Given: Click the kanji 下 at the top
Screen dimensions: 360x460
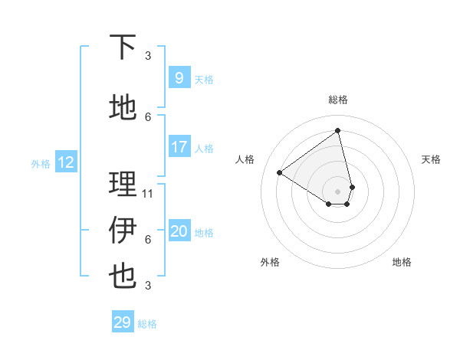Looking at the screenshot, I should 123,47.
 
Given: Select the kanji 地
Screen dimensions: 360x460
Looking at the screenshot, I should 123,108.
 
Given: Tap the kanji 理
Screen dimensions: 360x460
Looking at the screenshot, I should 123,184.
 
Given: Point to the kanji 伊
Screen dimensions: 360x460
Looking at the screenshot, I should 123,230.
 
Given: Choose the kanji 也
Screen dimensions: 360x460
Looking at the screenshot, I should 123,276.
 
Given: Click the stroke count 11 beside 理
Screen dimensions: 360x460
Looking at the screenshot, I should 149,193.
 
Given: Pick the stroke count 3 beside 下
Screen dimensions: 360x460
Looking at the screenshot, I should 148,55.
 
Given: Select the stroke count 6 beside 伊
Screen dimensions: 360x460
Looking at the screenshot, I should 148,239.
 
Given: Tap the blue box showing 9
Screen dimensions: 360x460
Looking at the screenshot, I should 179,78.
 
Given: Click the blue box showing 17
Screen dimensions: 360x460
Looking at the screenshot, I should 179,147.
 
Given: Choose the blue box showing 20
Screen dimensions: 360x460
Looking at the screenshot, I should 179,231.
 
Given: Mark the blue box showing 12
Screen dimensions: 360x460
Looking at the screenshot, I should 66,162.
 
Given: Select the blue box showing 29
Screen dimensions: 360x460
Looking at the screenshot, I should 123,322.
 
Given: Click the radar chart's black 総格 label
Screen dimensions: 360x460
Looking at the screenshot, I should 338,100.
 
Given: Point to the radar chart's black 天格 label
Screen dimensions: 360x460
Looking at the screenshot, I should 431,159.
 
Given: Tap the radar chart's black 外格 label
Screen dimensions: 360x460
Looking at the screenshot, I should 270,262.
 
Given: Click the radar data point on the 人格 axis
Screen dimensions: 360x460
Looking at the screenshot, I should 280,172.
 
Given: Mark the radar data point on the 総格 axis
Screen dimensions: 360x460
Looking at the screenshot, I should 338,131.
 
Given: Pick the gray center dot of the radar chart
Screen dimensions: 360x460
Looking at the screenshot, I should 338,191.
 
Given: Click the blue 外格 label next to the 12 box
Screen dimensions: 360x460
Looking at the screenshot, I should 41,163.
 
